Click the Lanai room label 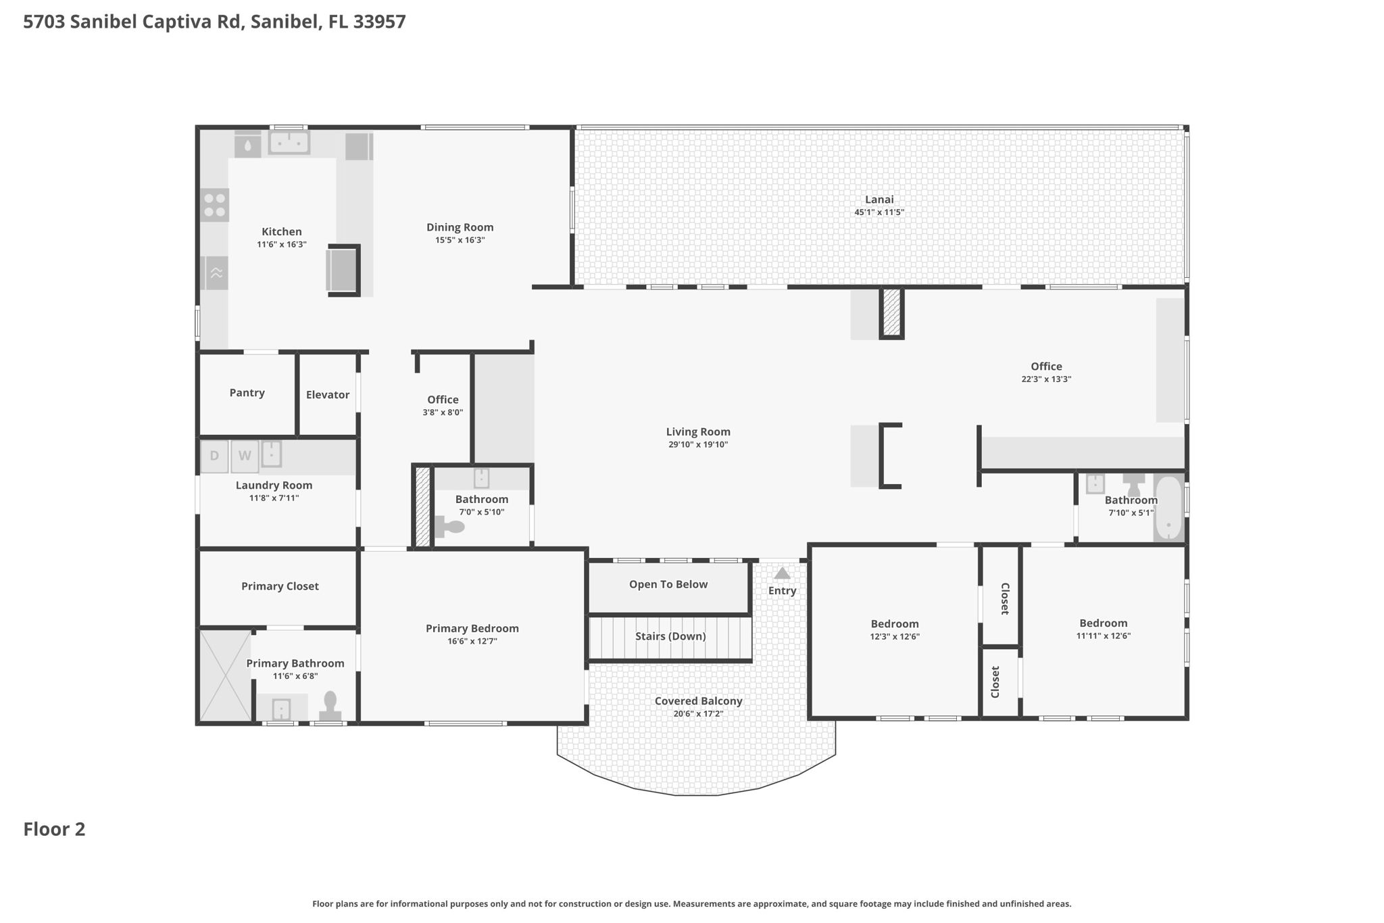click(879, 199)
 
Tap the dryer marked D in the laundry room click(214, 456)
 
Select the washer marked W click(245, 456)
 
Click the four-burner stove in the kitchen click(215, 205)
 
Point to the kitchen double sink click(289, 143)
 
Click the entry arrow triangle click(782, 573)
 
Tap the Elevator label click(328, 395)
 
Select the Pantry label click(247, 393)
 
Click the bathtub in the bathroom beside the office click(1168, 508)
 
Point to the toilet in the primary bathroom click(330, 705)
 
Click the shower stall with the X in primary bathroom click(226, 676)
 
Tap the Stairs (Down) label click(670, 636)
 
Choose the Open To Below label click(668, 584)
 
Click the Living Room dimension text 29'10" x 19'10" click(698, 444)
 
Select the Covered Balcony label click(698, 701)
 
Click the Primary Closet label click(280, 586)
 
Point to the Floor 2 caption click(54, 829)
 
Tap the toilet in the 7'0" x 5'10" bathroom click(450, 526)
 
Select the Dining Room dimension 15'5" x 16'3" click(460, 240)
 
